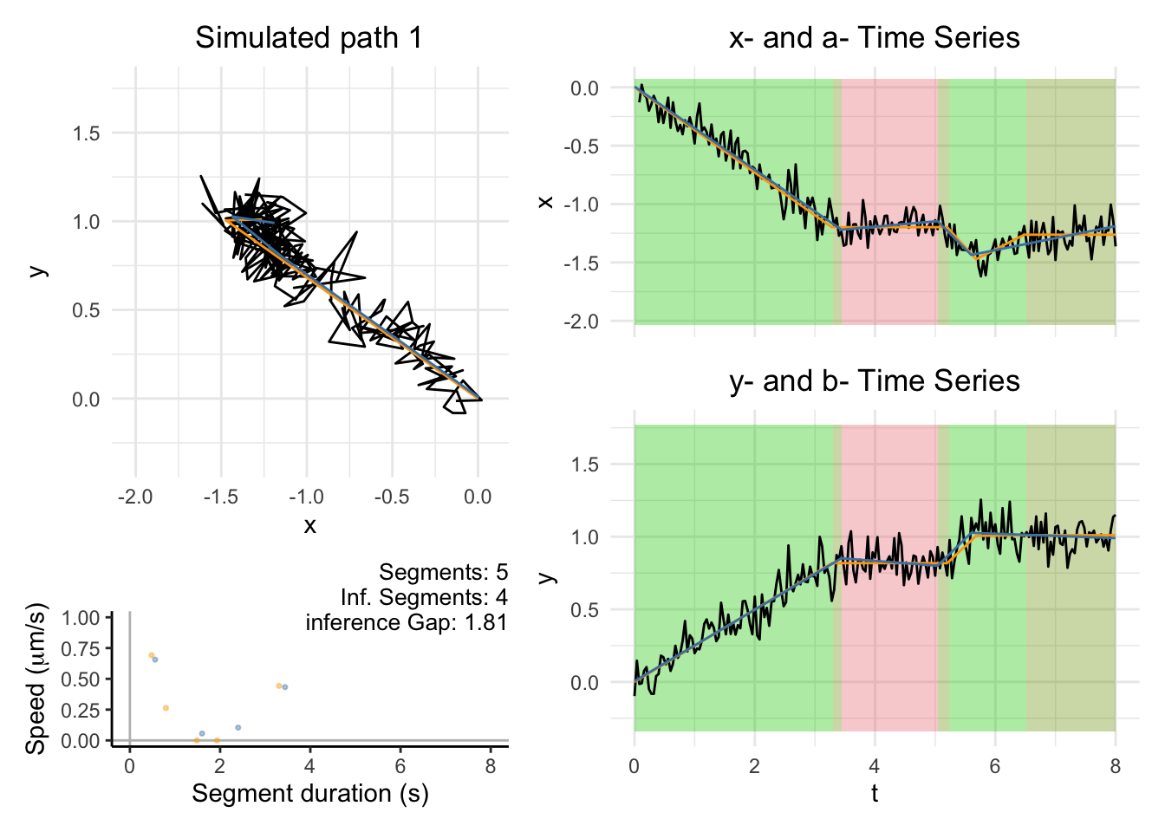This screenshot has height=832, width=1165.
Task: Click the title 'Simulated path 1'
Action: click(x=309, y=38)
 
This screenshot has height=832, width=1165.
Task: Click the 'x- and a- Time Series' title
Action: click(x=874, y=38)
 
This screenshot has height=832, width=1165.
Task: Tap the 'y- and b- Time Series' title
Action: click(x=874, y=381)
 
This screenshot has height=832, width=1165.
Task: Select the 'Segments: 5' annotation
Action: click(x=443, y=572)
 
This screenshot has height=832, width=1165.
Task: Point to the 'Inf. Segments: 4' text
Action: click(x=424, y=597)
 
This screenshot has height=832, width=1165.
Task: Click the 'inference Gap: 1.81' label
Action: click(x=406, y=622)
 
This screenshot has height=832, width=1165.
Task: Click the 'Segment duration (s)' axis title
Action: click(x=309, y=793)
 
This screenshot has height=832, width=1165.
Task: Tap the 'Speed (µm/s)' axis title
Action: click(x=36, y=679)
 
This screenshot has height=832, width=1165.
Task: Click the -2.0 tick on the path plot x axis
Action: click(x=135, y=497)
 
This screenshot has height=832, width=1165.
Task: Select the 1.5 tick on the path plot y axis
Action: click(x=87, y=133)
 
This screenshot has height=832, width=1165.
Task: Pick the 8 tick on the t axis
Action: click(x=1115, y=766)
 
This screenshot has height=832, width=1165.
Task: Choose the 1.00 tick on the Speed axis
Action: click(x=81, y=618)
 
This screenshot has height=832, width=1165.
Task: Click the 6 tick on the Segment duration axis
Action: click(x=400, y=766)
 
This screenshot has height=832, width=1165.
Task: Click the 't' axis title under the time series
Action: click(x=875, y=793)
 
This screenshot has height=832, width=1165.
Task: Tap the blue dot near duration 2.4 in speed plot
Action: click(x=238, y=727)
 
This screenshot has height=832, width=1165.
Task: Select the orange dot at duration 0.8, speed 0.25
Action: click(x=166, y=708)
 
